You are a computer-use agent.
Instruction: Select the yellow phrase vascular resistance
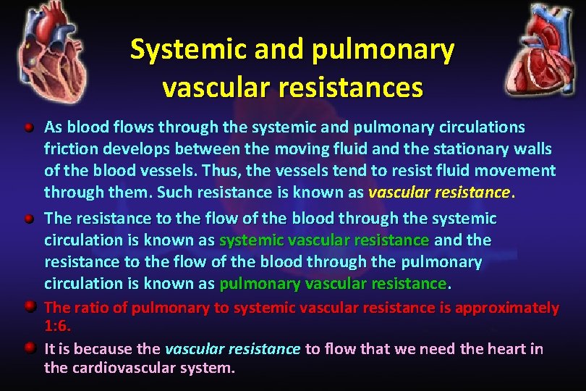tap(439, 193)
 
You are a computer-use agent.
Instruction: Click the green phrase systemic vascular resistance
tap(324, 240)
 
